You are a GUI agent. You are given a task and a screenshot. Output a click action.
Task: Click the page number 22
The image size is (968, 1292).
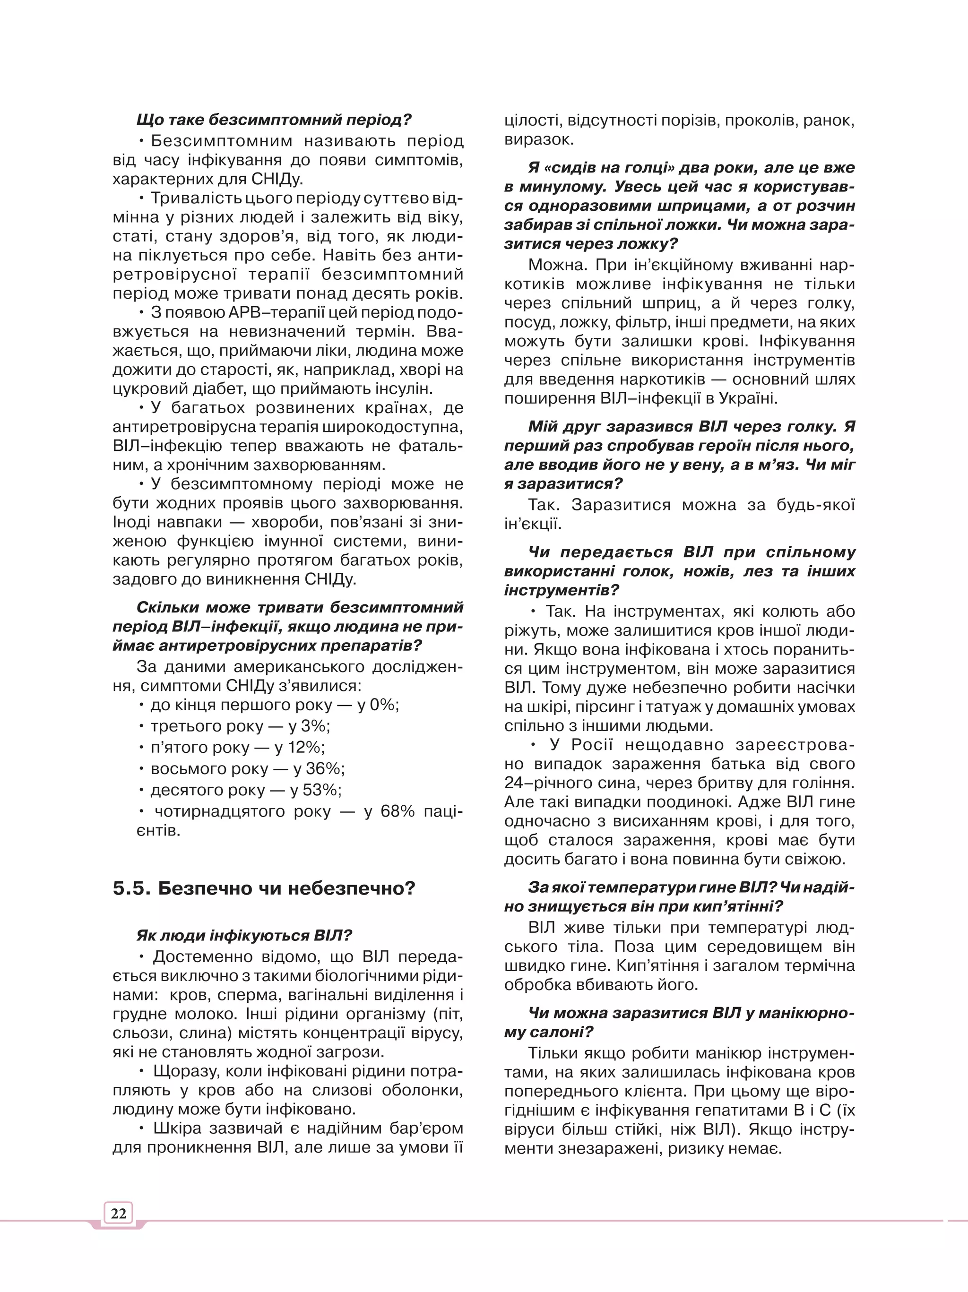[119, 1213]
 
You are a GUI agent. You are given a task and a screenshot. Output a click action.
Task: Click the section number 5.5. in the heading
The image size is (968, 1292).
[132, 889]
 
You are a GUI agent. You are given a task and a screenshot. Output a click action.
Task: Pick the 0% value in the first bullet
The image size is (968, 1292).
[383, 705]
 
